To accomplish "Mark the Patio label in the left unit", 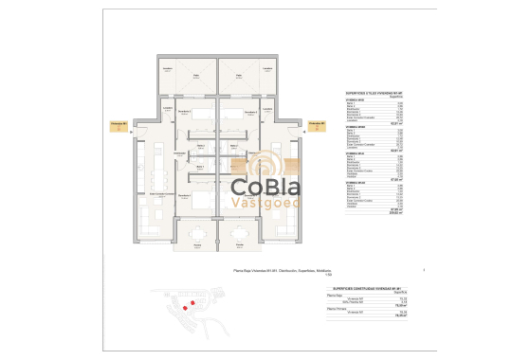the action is [198, 76].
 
